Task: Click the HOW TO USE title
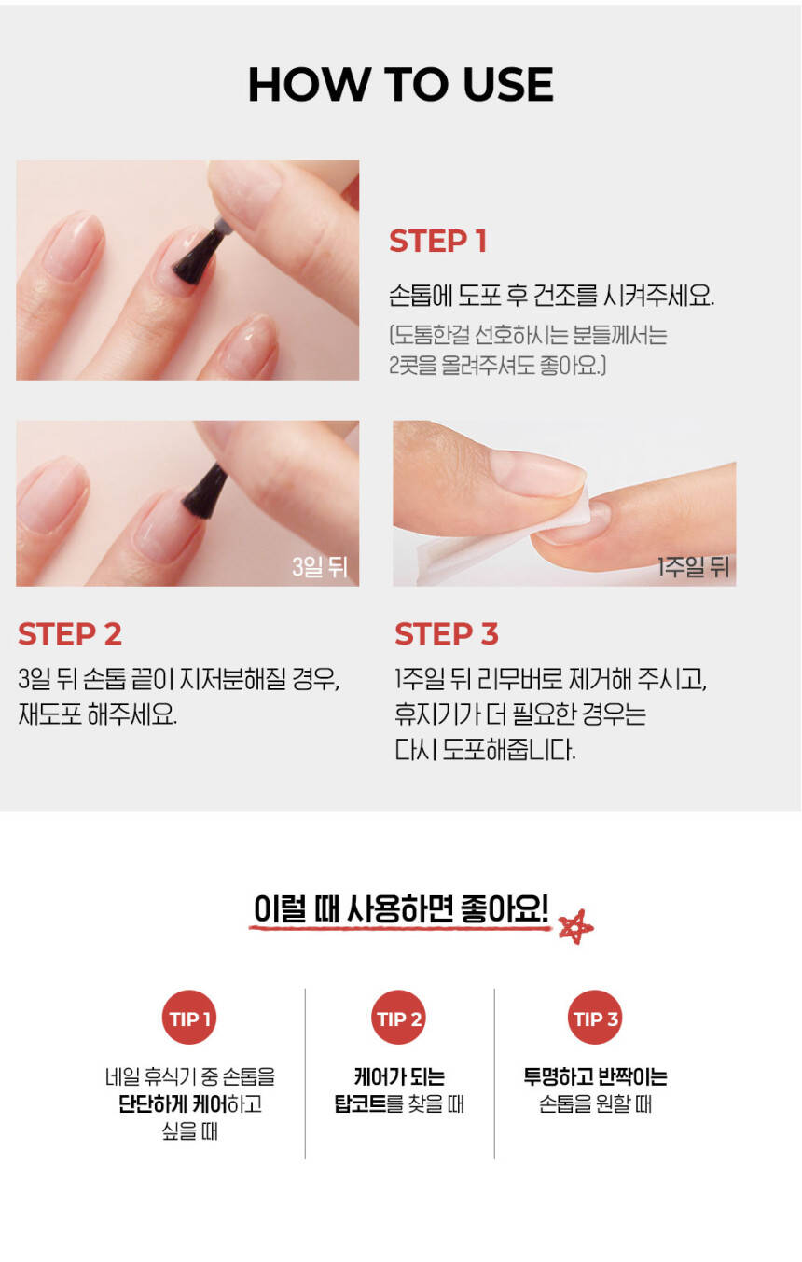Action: (x=400, y=85)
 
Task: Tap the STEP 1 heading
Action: (x=437, y=242)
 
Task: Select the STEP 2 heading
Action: (x=70, y=634)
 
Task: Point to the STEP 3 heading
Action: (x=447, y=634)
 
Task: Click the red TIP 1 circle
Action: (x=190, y=1017)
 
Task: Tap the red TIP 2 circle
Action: (x=399, y=1017)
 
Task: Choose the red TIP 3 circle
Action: (x=595, y=1017)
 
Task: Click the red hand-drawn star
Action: (x=575, y=927)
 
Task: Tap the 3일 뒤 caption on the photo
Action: (x=319, y=566)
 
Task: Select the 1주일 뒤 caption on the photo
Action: (x=693, y=566)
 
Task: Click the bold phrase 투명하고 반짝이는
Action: (x=595, y=1076)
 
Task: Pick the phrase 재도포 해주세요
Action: (x=97, y=714)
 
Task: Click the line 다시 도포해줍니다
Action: (x=485, y=750)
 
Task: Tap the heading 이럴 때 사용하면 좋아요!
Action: (x=400, y=908)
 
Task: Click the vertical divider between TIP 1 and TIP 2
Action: (x=305, y=1074)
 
